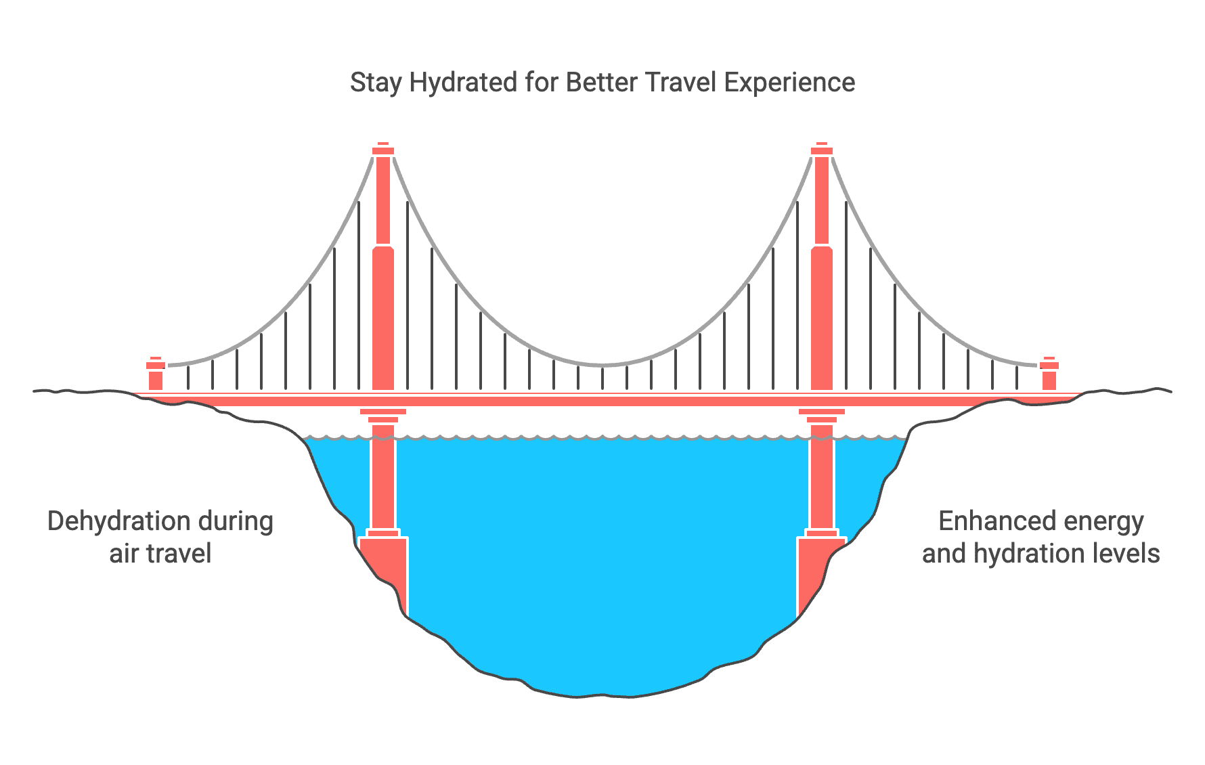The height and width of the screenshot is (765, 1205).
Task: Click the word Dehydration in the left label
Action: click(x=119, y=521)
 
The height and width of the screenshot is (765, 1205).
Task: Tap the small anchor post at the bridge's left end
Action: click(x=156, y=374)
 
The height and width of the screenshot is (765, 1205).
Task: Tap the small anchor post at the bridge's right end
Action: click(x=1049, y=374)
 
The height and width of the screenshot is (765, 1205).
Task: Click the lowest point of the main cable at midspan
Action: click(x=602, y=366)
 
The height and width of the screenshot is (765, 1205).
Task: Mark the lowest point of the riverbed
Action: click(x=579, y=697)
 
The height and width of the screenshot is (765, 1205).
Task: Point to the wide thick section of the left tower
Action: click(x=383, y=318)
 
